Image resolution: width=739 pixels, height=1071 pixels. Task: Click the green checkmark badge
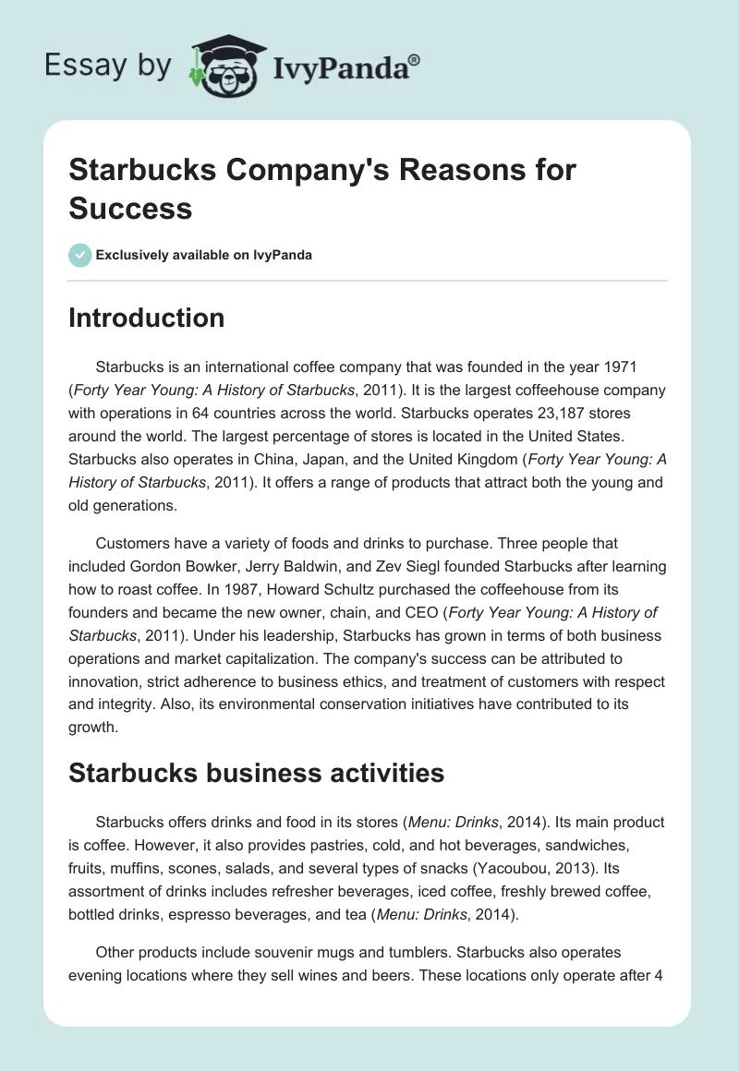click(x=80, y=255)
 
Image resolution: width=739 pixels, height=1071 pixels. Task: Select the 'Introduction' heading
click(x=147, y=318)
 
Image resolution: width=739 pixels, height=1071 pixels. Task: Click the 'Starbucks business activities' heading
click(x=257, y=773)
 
